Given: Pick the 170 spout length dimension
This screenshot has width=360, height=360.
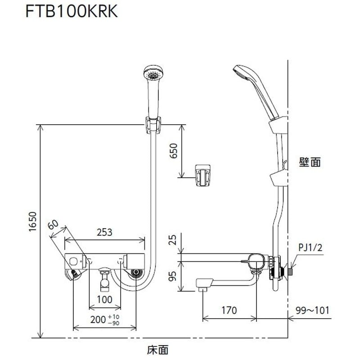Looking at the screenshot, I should click(230, 310).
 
